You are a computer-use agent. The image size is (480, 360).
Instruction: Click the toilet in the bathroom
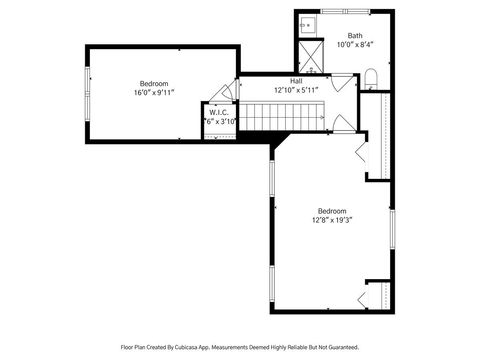coord(369,79)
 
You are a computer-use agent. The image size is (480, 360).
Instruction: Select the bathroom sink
coord(308,24)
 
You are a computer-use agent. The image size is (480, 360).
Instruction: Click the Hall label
coord(296,80)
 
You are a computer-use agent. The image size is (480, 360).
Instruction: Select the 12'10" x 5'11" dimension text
coord(296,89)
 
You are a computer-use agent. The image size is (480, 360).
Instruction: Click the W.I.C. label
coord(219,112)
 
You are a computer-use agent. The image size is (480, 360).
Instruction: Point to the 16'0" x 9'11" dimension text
coord(154,92)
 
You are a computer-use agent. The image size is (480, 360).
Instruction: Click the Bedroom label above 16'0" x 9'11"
coord(154,83)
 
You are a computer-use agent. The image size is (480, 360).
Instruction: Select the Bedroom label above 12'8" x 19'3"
coord(332,211)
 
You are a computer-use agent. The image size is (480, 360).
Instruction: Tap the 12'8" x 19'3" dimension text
coord(332,220)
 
